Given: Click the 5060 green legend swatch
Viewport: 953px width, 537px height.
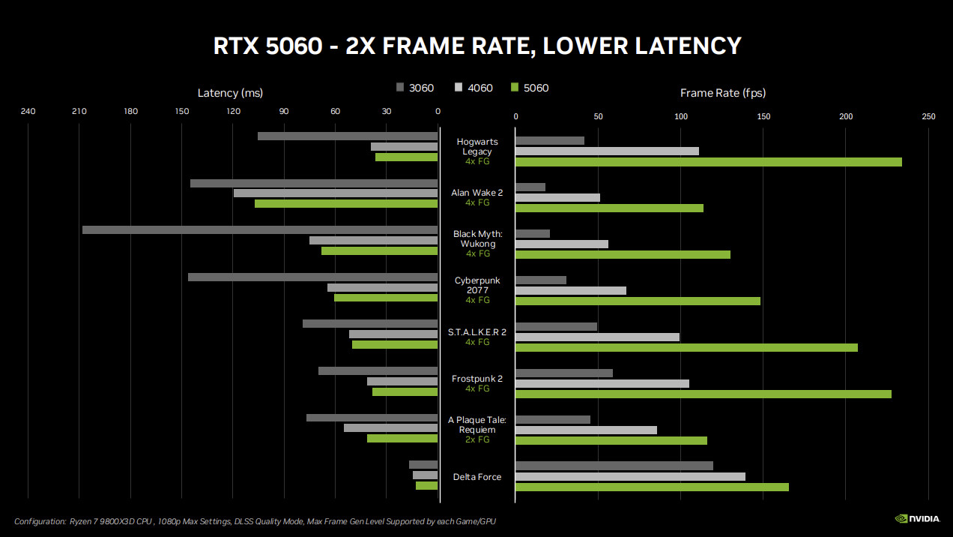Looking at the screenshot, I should point(513,88).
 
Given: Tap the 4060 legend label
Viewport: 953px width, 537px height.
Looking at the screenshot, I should point(480,88).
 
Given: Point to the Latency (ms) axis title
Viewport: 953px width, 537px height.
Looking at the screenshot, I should point(230,93).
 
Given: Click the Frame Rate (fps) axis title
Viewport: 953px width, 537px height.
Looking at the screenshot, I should point(722,93).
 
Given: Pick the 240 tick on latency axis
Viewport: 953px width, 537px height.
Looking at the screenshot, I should point(28,112).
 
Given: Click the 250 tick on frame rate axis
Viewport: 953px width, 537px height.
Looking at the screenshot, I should point(928,116).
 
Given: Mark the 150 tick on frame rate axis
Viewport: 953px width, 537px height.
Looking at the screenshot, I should point(763,116).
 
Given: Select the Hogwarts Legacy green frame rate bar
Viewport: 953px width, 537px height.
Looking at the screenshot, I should point(708,162).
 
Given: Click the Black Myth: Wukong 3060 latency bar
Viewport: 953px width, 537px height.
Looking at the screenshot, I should point(260,229).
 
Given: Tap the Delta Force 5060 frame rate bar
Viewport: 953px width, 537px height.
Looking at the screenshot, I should point(652,487).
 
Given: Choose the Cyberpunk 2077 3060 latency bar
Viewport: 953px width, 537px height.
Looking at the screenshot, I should point(312,277).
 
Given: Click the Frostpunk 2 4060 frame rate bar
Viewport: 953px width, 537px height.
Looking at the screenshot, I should point(602,384).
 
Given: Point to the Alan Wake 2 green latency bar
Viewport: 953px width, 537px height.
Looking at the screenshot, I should point(346,203).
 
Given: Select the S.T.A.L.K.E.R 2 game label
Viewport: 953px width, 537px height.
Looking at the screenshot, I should point(477,331).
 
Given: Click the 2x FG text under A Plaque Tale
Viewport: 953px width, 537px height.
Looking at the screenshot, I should point(477,439).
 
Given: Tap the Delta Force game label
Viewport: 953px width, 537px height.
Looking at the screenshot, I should point(477,477).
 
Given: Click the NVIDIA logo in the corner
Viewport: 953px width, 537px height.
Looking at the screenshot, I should point(918,518).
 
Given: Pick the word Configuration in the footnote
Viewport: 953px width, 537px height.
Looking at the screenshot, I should point(39,521).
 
